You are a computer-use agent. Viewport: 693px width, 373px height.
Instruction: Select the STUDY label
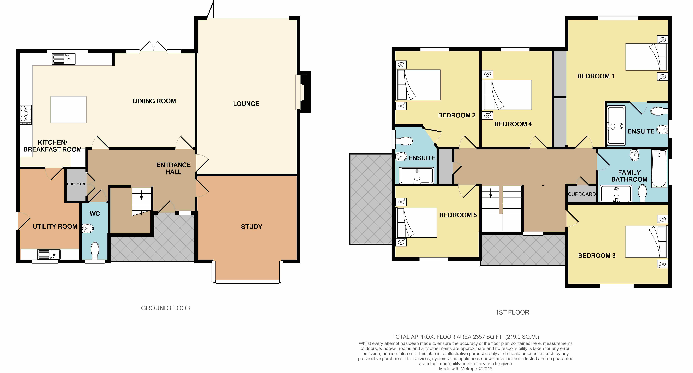click(x=251, y=227)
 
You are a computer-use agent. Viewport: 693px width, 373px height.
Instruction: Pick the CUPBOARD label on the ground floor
click(x=76, y=184)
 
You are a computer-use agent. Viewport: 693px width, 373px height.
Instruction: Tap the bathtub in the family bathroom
click(x=659, y=169)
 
